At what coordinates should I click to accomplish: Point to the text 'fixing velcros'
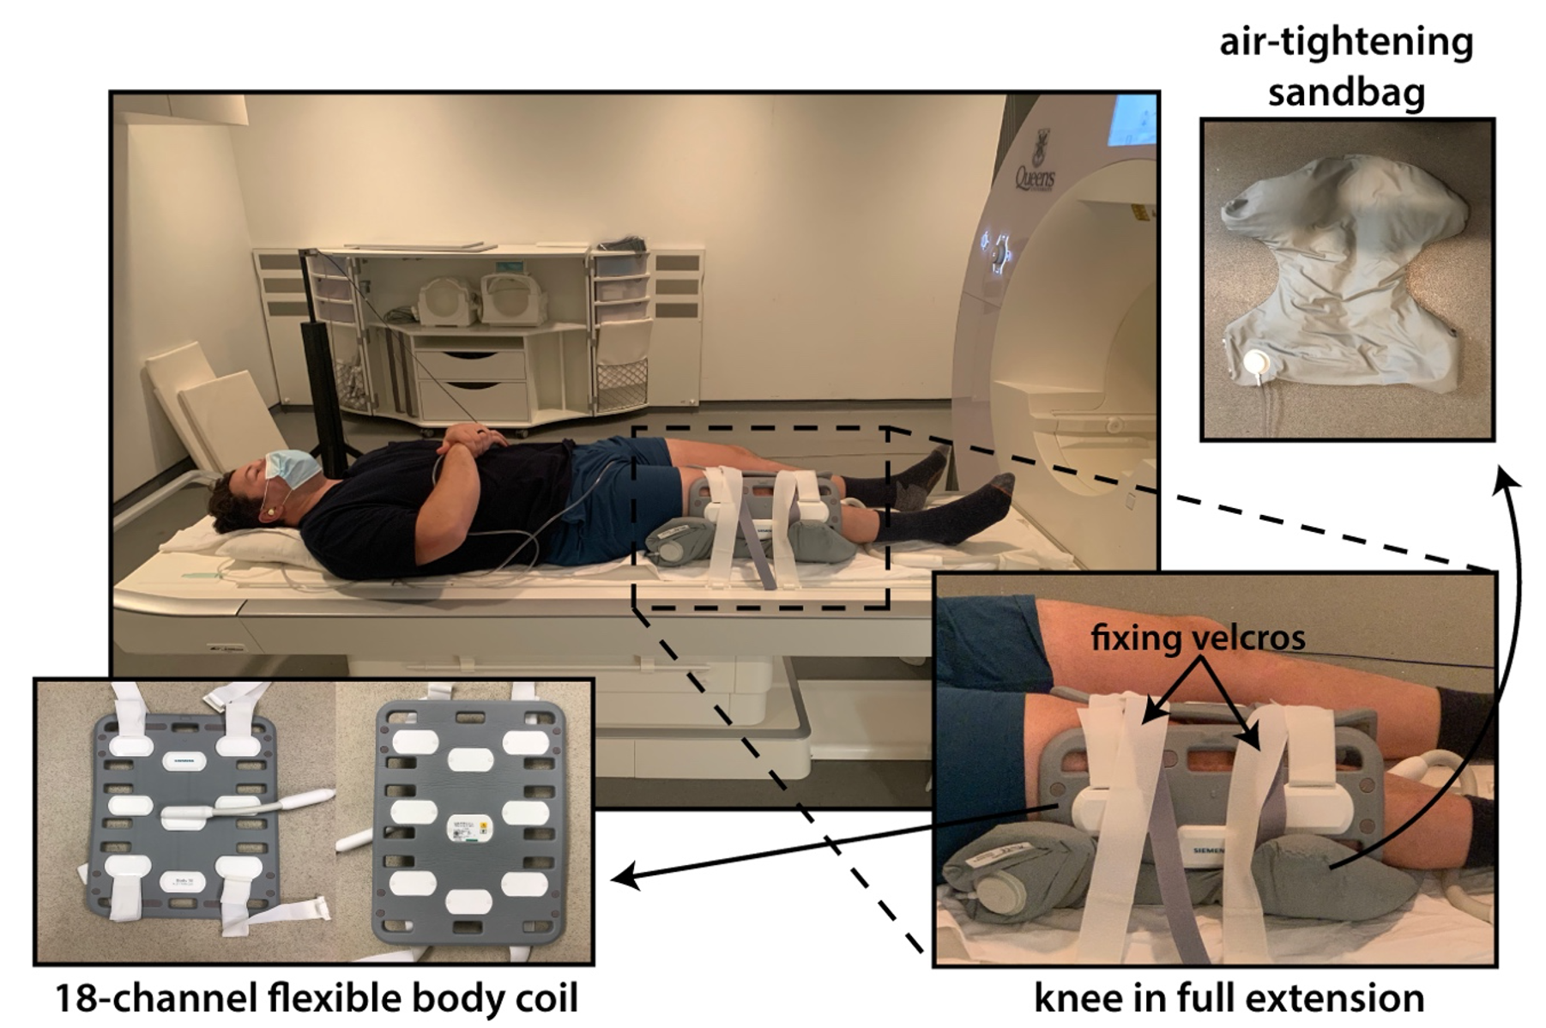tap(1198, 637)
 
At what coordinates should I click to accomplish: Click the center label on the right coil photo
tap(468, 829)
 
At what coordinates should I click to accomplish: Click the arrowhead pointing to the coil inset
tap(619, 879)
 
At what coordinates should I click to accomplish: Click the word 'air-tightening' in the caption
tap(1346, 41)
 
